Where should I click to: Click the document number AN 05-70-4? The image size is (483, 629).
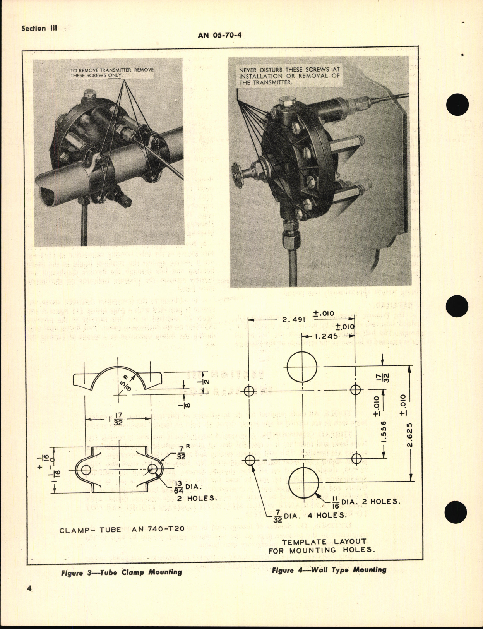(222, 35)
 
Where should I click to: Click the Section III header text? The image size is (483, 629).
(39, 29)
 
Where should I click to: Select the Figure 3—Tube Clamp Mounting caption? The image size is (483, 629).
(121, 572)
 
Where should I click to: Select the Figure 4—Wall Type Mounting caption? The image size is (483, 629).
(329, 570)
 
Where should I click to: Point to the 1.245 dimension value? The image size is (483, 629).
(327, 336)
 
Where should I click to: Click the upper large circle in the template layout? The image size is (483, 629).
(302, 367)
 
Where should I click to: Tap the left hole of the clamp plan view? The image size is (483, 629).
(86, 470)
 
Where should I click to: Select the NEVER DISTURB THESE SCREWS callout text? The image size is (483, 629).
(289, 76)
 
